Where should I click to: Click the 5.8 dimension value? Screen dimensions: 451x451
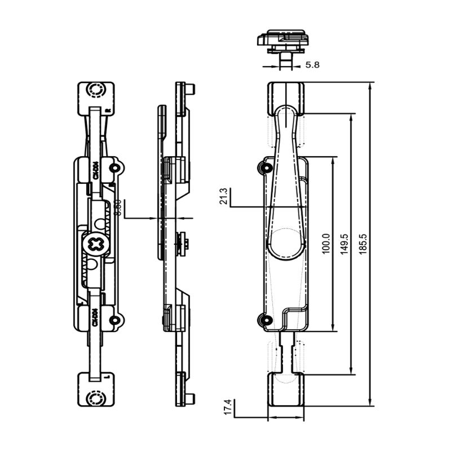pos(312,65)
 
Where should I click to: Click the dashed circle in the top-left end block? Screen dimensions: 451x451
pos(95,90)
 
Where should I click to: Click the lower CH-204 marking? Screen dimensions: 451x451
pos(95,317)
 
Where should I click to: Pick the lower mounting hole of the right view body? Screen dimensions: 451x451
pos(262,320)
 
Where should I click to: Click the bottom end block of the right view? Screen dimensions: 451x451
pos(285,389)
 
